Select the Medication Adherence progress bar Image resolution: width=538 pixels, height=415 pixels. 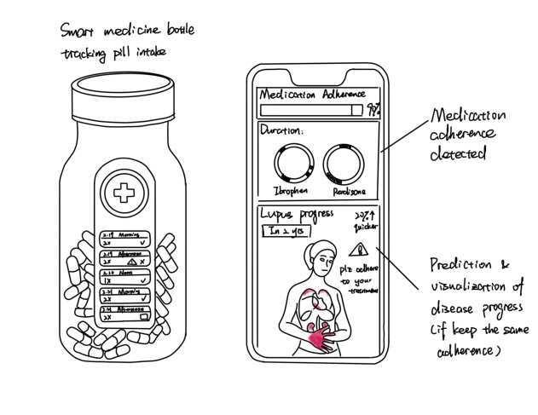coord(311,110)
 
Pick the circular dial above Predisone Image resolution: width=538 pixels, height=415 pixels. coord(340,162)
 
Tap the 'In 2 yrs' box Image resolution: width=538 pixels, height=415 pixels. coord(281,231)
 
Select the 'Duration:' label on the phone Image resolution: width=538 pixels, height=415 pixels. coord(282,131)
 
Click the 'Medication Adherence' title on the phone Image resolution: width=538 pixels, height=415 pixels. coord(312,94)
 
